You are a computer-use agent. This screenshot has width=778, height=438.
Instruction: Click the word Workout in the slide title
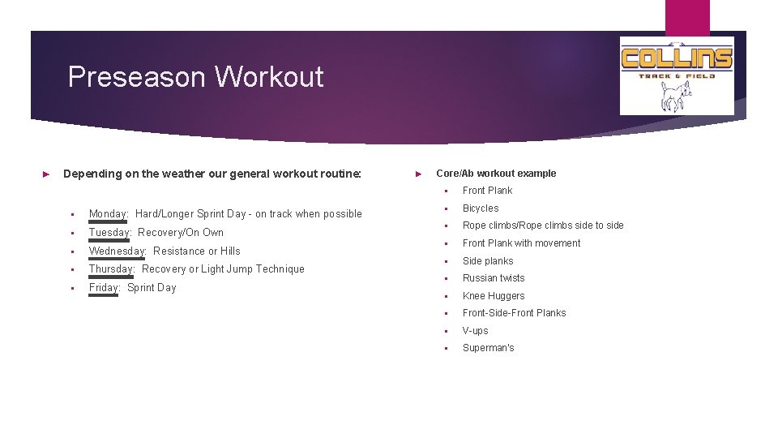(x=269, y=77)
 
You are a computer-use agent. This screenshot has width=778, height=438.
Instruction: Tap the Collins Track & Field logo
(x=677, y=75)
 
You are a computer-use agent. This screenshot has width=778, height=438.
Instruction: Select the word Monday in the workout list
(x=108, y=214)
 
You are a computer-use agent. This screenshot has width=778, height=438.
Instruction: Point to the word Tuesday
(x=109, y=233)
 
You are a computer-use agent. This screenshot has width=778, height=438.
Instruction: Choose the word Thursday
(x=112, y=269)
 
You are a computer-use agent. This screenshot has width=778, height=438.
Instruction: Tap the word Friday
(x=104, y=288)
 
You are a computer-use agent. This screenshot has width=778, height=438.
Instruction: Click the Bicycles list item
(x=481, y=208)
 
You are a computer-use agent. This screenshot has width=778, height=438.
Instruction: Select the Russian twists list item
(x=494, y=278)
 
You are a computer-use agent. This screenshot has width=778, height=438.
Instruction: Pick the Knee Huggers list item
(x=494, y=296)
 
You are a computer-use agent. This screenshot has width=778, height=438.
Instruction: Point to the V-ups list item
(x=476, y=331)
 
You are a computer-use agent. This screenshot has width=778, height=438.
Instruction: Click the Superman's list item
(x=488, y=348)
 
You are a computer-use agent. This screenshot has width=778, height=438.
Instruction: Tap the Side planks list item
(x=488, y=261)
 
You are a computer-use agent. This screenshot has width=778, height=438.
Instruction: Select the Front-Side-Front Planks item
(x=515, y=313)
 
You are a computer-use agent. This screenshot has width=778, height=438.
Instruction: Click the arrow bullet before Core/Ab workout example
(x=418, y=174)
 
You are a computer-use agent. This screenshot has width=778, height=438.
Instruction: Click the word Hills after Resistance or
(x=230, y=251)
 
